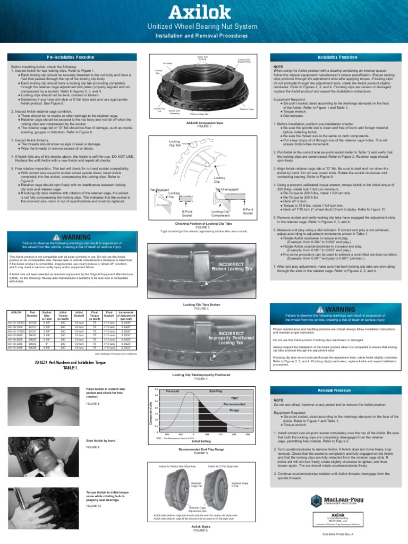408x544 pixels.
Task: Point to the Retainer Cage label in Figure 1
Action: pos(246,109)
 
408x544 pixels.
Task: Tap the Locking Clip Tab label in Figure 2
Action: pos(175,143)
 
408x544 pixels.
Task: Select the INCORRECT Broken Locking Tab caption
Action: pos(232,266)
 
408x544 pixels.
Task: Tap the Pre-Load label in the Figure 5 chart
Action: pos(172,390)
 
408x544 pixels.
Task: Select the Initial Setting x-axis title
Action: pos(201,441)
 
